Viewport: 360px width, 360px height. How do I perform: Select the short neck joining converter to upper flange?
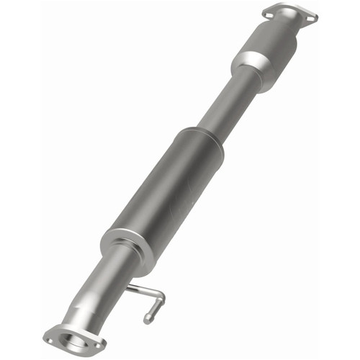tap(285, 25)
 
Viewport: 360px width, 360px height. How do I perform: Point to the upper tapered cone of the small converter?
tap(277, 32)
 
